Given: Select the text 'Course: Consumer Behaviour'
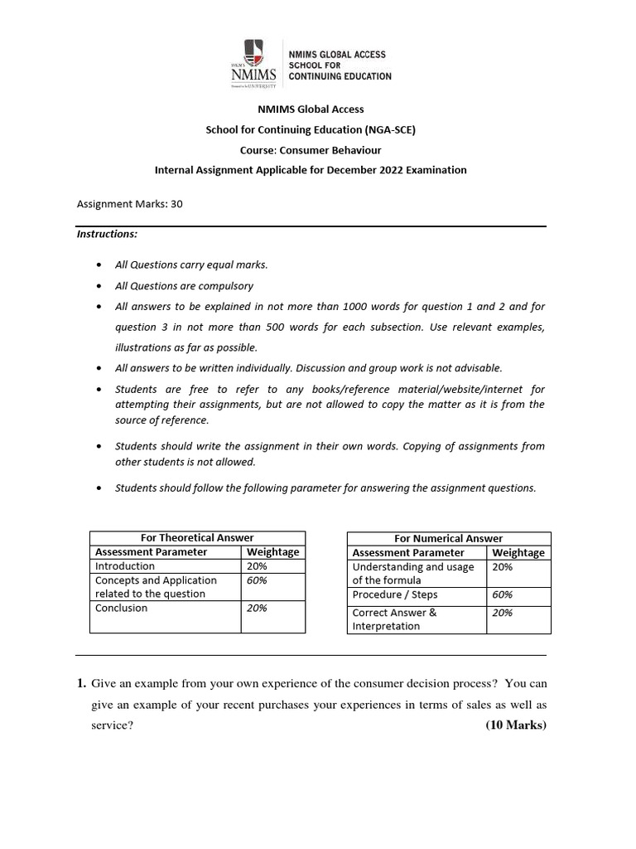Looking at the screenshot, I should (x=311, y=150).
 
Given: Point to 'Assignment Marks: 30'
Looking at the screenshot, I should (x=129, y=203).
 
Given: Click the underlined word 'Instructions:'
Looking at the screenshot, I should (x=108, y=235).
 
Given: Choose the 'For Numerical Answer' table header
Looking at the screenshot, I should (x=448, y=539).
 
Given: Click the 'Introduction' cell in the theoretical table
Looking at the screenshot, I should (x=125, y=566).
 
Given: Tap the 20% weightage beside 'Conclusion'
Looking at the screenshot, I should (x=257, y=609).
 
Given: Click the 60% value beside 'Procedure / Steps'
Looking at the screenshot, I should (x=503, y=595).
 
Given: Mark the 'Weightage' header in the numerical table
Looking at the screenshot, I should (x=518, y=553).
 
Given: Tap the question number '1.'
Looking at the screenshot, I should (x=81, y=685).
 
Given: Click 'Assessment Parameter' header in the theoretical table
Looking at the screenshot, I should (x=152, y=552).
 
